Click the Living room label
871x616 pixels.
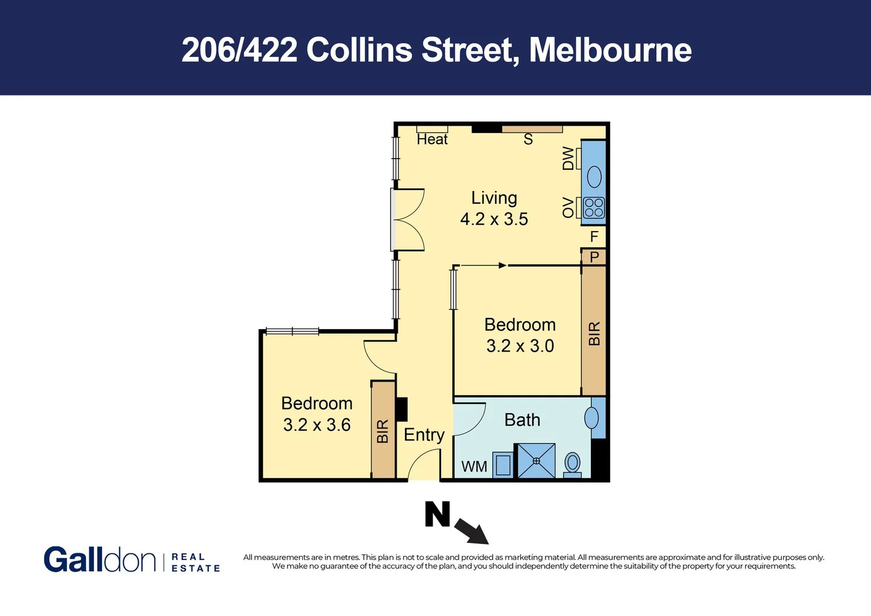click(x=494, y=198)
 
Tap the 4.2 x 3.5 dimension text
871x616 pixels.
click(x=494, y=219)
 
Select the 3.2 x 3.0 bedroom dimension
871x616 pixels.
click(x=520, y=346)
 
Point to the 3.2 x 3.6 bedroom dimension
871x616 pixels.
click(x=317, y=425)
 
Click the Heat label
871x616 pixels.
click(x=432, y=139)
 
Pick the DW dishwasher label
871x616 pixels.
click(x=568, y=158)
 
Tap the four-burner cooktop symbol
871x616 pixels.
click(x=594, y=208)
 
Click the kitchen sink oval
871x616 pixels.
click(x=594, y=176)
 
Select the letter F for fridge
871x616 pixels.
click(x=594, y=236)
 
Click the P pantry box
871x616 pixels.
click(x=594, y=257)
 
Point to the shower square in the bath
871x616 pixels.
click(x=536, y=460)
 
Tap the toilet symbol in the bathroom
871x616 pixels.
click(x=572, y=463)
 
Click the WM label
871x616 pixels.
click(x=474, y=467)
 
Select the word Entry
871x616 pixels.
click(x=424, y=435)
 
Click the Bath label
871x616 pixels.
click(x=522, y=420)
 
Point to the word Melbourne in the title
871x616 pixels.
click(x=610, y=50)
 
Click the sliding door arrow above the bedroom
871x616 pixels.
click(x=483, y=265)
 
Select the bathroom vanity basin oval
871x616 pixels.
click(x=592, y=418)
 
